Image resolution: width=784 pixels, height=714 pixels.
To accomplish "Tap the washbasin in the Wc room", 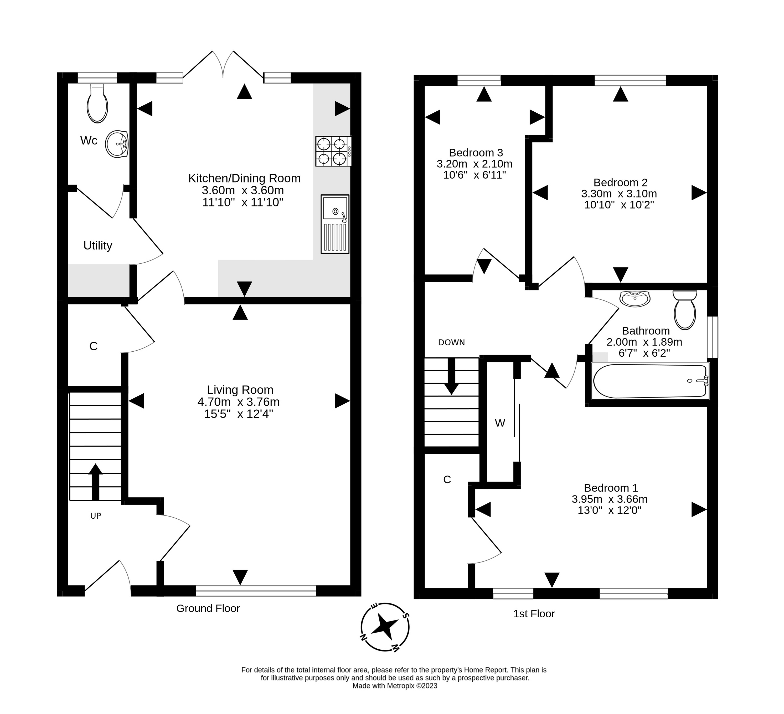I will click(x=117, y=144).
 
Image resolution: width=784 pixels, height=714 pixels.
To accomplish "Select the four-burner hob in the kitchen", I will click(x=333, y=151).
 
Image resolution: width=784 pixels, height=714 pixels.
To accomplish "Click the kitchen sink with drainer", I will click(x=335, y=224).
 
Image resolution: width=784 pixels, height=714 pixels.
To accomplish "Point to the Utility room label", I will click(x=98, y=246).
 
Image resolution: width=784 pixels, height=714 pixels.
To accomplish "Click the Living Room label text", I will click(x=240, y=390).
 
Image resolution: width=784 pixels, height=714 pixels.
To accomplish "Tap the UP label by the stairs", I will click(x=96, y=516).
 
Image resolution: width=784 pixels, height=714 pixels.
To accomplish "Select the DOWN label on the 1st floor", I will click(x=451, y=342).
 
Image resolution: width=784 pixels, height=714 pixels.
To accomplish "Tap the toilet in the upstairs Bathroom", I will click(x=685, y=310).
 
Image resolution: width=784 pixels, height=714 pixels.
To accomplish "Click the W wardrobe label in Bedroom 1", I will click(x=500, y=423).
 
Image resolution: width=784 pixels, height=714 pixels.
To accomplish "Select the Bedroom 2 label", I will click(x=620, y=182).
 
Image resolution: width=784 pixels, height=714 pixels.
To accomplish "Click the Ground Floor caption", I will click(x=208, y=608).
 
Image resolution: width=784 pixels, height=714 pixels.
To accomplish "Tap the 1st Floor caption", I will click(x=534, y=614).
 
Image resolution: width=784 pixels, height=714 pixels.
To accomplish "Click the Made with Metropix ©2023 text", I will click(x=395, y=686).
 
